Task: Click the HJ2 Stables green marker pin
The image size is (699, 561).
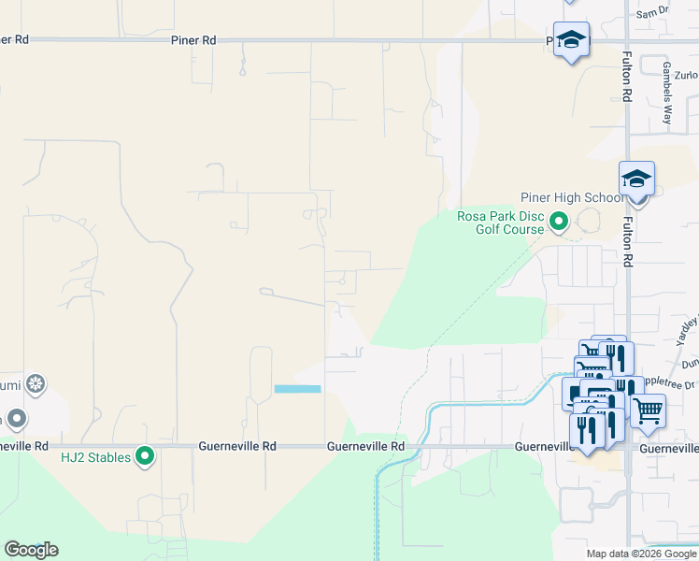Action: pyautogui.click(x=145, y=456)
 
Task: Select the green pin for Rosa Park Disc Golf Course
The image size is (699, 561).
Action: pyautogui.click(x=559, y=222)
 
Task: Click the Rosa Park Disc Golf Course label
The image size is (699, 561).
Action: pyautogui.click(x=500, y=223)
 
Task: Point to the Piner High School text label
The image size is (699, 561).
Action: pyautogui.click(x=572, y=197)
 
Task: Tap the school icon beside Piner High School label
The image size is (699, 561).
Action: pyautogui.click(x=636, y=179)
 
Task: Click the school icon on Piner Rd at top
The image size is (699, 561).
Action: pyautogui.click(x=571, y=40)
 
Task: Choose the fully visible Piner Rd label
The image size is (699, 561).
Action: pyautogui.click(x=193, y=40)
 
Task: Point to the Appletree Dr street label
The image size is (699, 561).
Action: pyautogui.click(x=678, y=384)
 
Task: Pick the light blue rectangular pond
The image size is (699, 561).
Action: pyautogui.click(x=297, y=389)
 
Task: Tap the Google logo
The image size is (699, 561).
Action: pyautogui.click(x=31, y=550)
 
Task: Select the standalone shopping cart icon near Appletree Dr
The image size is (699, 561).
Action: pyautogui.click(x=648, y=410)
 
